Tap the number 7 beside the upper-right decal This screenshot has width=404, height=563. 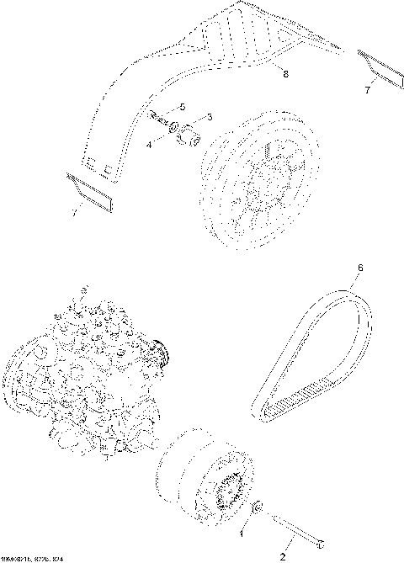click(x=367, y=89)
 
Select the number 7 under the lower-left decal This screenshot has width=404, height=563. click(x=74, y=214)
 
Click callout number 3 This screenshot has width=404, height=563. click(x=209, y=116)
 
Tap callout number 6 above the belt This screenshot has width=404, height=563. click(x=360, y=268)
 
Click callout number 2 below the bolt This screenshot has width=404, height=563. click(x=283, y=555)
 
